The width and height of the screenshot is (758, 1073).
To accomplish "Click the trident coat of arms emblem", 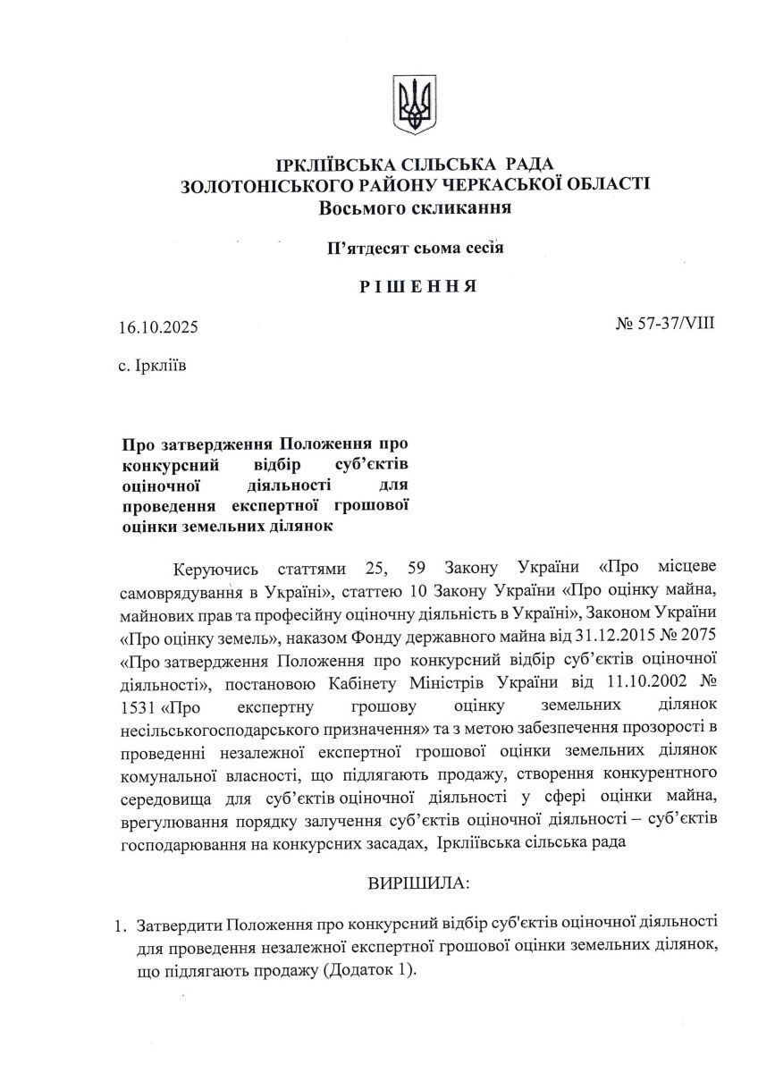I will click(x=415, y=105).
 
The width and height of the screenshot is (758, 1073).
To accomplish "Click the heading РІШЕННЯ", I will click(x=416, y=287).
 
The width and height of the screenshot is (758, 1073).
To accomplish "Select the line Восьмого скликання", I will click(x=415, y=208).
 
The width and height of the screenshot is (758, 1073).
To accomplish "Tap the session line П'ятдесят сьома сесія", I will click(x=416, y=248).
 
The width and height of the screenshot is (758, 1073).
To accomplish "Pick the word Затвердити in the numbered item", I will click(x=179, y=922).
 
